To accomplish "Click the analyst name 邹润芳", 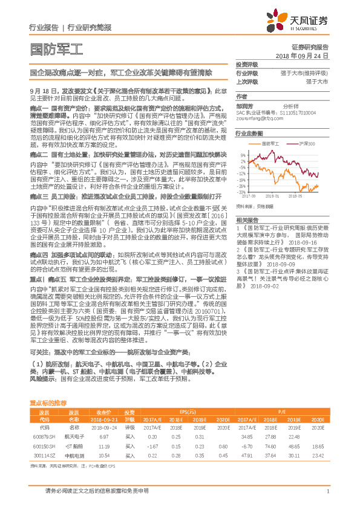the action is [244, 104].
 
